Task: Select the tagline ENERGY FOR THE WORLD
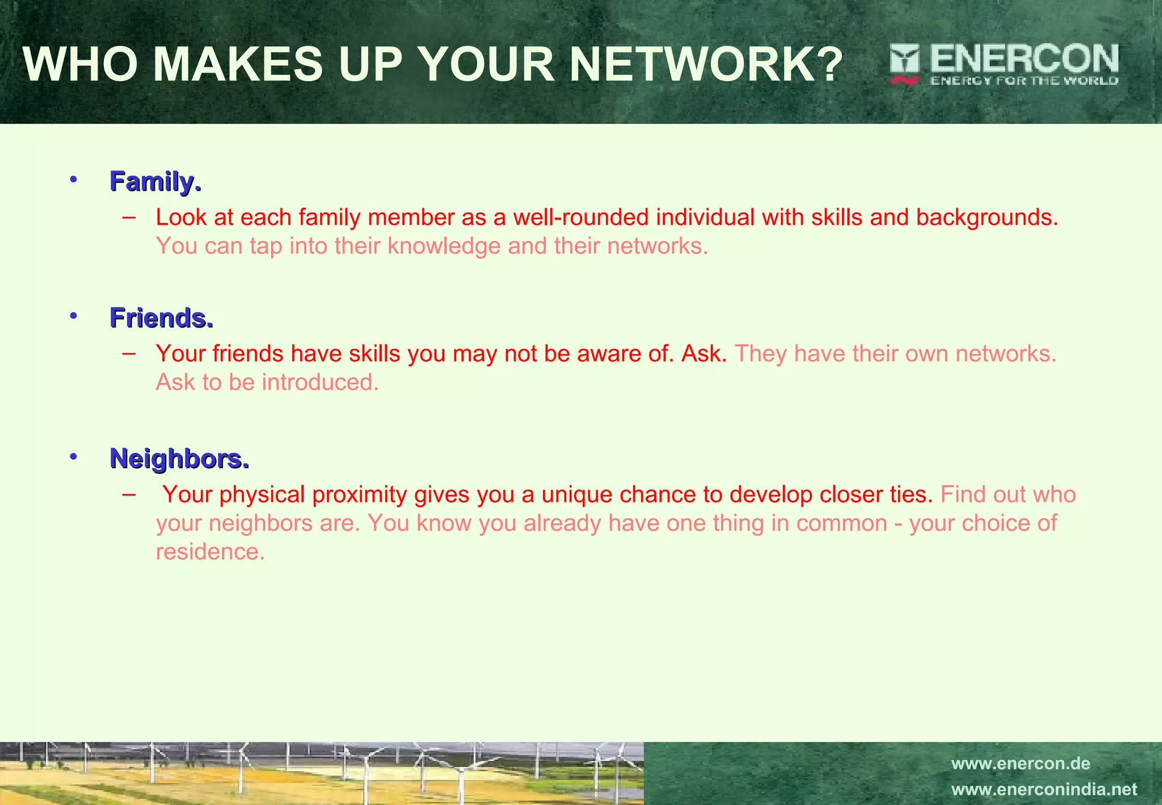[1024, 81]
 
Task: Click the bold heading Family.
[155, 182]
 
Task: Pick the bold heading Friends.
[161, 318]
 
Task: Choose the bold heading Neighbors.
[179, 459]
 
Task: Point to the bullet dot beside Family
[73, 180]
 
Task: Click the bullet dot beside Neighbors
[73, 457]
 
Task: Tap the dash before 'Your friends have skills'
[129, 353]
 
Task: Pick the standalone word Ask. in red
[704, 354]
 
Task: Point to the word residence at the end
[209, 552]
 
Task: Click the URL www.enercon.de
[1020, 764]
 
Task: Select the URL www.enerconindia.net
[1044, 790]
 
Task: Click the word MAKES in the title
[238, 64]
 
